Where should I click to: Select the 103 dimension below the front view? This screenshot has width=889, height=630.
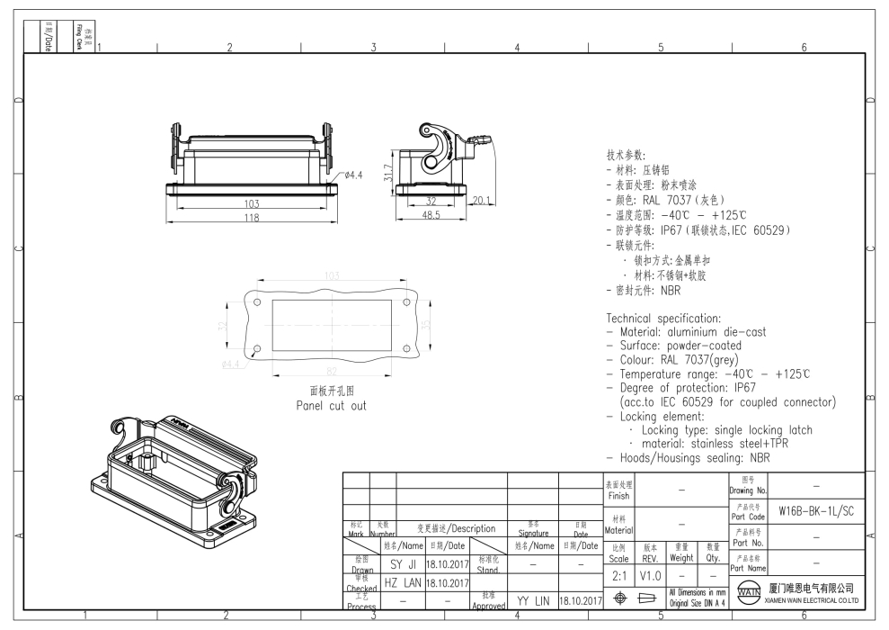pyautogui.click(x=253, y=203)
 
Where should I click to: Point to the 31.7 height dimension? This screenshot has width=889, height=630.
pyautogui.click(x=387, y=171)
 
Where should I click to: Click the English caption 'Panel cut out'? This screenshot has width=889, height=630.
pyautogui.click(x=332, y=406)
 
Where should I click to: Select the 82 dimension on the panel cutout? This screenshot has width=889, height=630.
pyautogui.click(x=332, y=371)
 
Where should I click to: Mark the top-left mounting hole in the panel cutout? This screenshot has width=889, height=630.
pyautogui.click(x=257, y=302)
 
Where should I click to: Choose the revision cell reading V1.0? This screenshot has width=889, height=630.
pyautogui.click(x=651, y=573)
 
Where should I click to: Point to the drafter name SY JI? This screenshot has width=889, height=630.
pyautogui.click(x=401, y=563)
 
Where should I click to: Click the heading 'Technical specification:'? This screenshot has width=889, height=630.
pyautogui.click(x=663, y=319)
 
